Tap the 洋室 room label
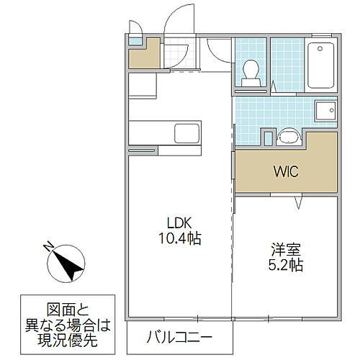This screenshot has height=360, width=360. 283,250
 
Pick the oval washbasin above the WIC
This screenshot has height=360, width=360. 289,136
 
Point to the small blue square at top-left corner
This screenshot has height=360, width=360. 135,41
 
